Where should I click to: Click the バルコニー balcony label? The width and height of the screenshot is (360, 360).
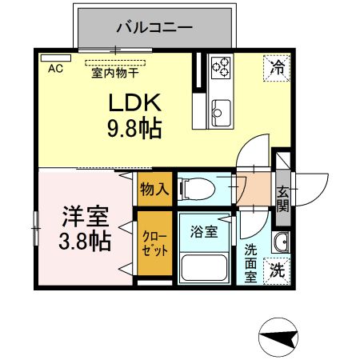(x=154, y=26)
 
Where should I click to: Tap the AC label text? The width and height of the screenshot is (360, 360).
(x=55, y=70)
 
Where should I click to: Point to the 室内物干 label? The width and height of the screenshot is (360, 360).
(x=114, y=70)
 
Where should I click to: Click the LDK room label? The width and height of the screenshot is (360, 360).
(x=135, y=103)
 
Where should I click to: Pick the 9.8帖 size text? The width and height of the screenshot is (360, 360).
(x=135, y=127)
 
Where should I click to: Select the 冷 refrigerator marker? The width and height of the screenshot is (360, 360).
(x=275, y=68)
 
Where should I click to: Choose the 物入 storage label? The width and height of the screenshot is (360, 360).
(x=153, y=189)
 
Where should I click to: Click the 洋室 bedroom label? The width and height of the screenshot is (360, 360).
(x=85, y=217)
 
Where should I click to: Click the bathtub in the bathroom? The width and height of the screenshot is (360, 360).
(x=204, y=266)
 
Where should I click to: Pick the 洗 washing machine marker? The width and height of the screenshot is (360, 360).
(x=277, y=270)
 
